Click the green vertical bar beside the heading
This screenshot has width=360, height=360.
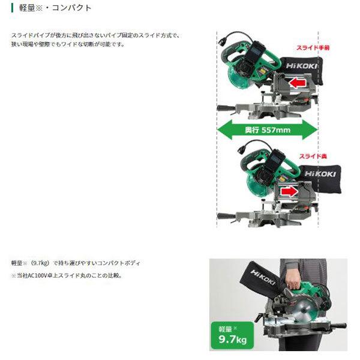click(13, 8)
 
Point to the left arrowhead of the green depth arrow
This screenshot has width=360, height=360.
click(222, 129)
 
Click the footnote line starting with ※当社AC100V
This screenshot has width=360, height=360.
click(67, 275)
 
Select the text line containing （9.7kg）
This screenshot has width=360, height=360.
click(77, 263)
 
